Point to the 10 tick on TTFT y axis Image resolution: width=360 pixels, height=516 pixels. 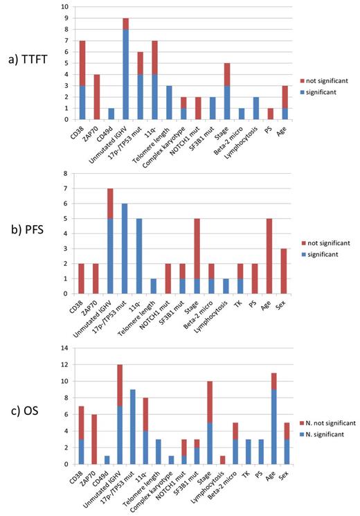[66, 7]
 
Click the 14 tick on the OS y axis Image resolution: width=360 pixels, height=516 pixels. [65, 348]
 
